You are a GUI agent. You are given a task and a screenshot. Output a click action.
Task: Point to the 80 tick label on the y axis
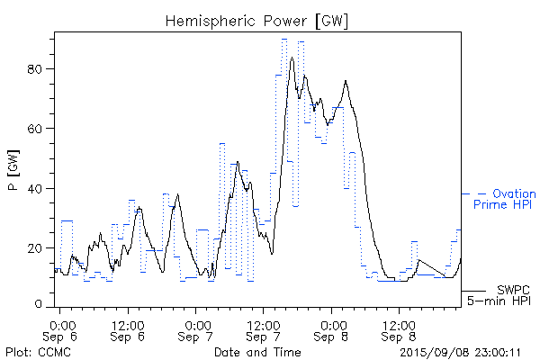click(x=40, y=69)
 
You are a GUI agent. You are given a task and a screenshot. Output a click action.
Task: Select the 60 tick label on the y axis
click(x=40, y=129)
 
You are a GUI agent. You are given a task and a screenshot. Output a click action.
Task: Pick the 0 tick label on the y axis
click(x=44, y=306)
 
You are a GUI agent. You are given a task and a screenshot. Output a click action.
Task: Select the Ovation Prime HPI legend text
click(x=504, y=200)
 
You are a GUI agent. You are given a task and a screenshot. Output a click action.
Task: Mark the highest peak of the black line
click(x=292, y=58)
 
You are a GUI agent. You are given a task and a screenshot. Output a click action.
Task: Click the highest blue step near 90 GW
click(x=284, y=39)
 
